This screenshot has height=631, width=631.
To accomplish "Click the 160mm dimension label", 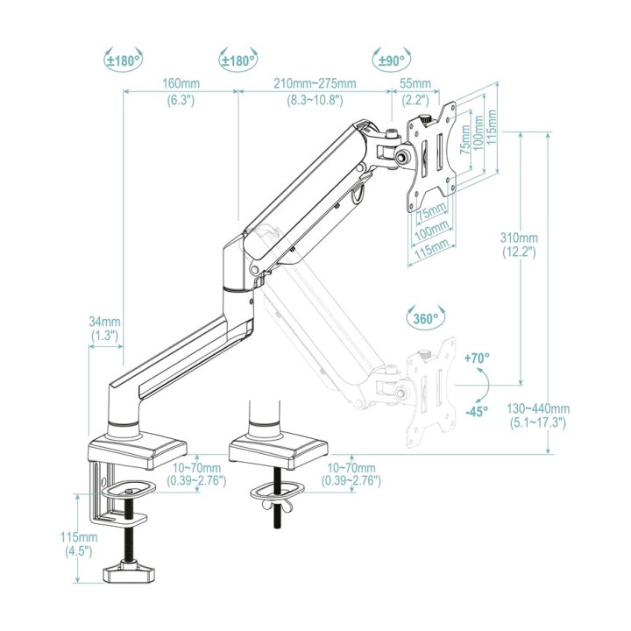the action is click(181, 84).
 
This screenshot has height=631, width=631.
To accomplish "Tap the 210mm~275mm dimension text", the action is click(315, 84).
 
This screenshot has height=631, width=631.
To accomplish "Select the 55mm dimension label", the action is click(415, 84).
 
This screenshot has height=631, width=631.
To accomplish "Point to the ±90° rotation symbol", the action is click(392, 60).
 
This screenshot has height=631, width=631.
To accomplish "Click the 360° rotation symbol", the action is click(426, 318).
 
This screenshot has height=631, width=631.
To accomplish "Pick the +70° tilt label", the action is click(477, 358).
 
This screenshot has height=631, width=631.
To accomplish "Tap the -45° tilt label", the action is click(477, 411).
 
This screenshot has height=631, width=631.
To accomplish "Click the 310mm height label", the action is click(519, 238).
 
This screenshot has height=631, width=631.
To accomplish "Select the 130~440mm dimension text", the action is click(538, 409).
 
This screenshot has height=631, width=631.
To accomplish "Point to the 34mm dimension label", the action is click(104, 322).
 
